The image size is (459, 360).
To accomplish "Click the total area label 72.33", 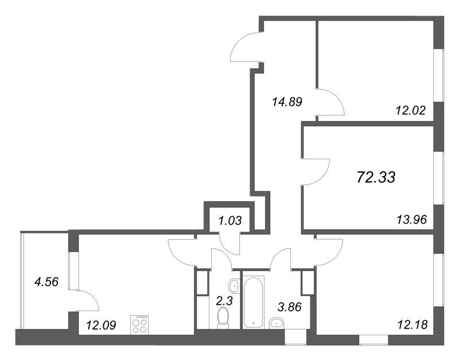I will pos(376,177).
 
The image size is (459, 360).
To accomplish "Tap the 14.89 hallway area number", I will pos(286,103).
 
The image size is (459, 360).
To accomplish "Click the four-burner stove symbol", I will pos(139,324).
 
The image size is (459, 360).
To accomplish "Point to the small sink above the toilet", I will pos(234,285).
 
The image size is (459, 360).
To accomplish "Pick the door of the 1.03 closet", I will pos(233,244).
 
